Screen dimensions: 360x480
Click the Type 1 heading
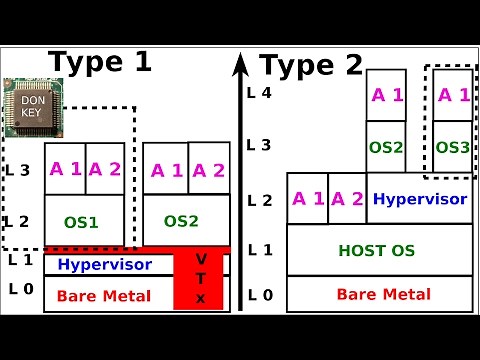tap(100, 62)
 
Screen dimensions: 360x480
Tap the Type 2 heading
tap(311, 66)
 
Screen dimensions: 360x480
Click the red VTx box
tap(201, 279)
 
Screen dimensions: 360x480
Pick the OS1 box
tap(85, 220)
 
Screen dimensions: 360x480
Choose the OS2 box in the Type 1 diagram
tap(186, 220)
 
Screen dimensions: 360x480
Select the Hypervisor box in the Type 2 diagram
tap(419, 198)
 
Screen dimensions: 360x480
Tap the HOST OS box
tap(380, 249)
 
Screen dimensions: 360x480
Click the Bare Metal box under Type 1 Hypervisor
tap(105, 296)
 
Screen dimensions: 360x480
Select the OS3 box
tap(452, 147)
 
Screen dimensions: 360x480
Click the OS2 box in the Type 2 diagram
tap(385, 147)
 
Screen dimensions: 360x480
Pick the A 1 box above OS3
tap(452, 95)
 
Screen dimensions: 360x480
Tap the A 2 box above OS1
tap(105, 168)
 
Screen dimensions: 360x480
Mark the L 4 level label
tap(259, 92)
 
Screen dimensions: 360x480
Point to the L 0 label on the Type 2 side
tap(259, 294)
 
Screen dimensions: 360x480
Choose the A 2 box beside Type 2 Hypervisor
tap(347, 198)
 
